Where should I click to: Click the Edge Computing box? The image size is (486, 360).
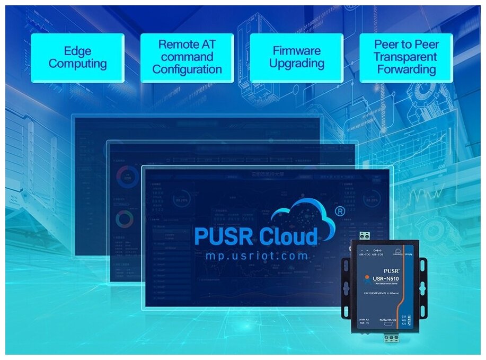pyautogui.click(x=77, y=58)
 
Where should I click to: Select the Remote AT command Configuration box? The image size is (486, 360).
pyautogui.click(x=187, y=58)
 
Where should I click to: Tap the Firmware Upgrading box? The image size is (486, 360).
pyautogui.click(x=296, y=58)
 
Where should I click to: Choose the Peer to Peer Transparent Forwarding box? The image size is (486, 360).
pyautogui.click(x=406, y=58)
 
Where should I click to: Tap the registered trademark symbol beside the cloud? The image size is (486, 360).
pyautogui.click(x=341, y=211)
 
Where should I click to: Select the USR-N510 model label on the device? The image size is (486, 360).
pyautogui.click(x=385, y=278)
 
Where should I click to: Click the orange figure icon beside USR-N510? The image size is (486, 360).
pyautogui.click(x=367, y=279)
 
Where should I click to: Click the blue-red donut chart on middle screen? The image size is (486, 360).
pyautogui.click(x=126, y=174)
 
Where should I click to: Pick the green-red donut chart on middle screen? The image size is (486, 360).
pyautogui.click(x=125, y=218)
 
